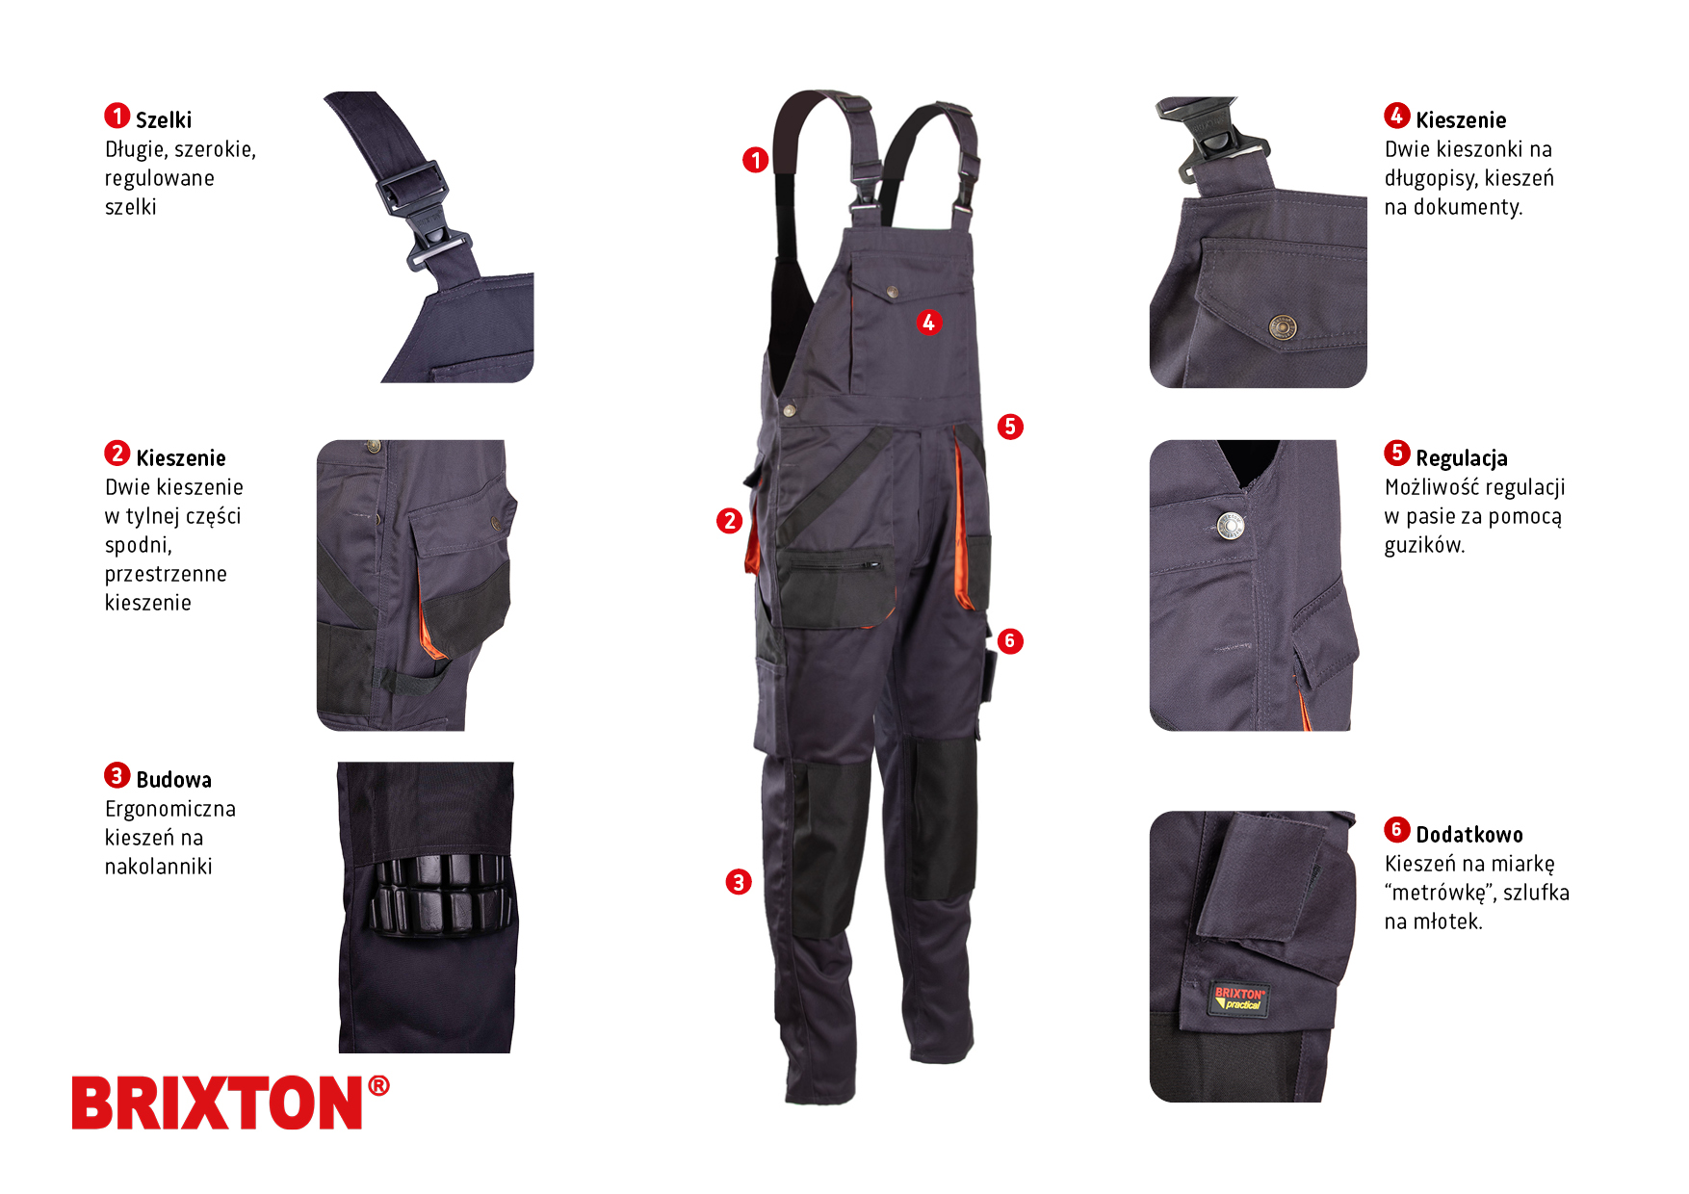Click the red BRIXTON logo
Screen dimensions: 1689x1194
click(230, 1103)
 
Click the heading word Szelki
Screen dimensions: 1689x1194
click(164, 120)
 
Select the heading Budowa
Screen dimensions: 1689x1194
click(173, 780)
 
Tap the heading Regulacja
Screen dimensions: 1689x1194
click(1462, 458)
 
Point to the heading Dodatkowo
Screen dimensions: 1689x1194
click(1469, 835)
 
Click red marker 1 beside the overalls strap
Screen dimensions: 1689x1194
click(756, 160)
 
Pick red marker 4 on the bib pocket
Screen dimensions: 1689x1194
click(928, 323)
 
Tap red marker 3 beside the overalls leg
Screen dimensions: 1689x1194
click(739, 882)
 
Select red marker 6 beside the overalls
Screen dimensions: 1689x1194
click(1010, 641)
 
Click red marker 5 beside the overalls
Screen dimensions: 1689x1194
click(1010, 427)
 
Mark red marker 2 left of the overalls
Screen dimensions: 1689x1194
click(730, 521)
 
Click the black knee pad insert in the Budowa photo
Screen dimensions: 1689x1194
click(439, 895)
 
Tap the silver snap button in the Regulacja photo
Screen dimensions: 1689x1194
click(1230, 526)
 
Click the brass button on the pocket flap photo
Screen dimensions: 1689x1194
click(1282, 327)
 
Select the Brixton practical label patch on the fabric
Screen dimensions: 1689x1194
click(1239, 999)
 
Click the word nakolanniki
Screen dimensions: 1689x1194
click(159, 867)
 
